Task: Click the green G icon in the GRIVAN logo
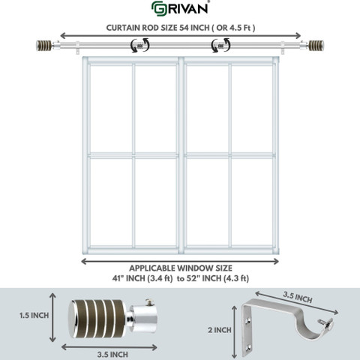pyautogui.click(x=158, y=9)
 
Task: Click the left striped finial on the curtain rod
pyautogui.click(x=43, y=46)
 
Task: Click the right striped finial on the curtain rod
pyautogui.click(x=316, y=46)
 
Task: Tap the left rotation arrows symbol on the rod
pyautogui.click(x=140, y=45)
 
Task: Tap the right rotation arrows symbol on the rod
pyautogui.click(x=220, y=45)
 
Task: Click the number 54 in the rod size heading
pyautogui.click(x=184, y=28)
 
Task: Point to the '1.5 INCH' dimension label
pyautogui.click(x=34, y=316)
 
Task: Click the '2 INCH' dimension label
pyautogui.click(x=220, y=330)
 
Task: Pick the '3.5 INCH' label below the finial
pyautogui.click(x=112, y=354)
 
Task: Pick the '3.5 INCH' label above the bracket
pyautogui.click(x=298, y=297)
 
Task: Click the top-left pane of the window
pyautogui.click(x=111, y=109)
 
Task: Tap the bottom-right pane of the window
pyautogui.click(x=252, y=202)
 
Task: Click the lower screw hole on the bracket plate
pyautogui.click(x=248, y=347)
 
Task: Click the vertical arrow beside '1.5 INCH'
pyautogui.click(x=52, y=317)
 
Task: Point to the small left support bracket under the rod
pyautogui.click(x=77, y=47)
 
